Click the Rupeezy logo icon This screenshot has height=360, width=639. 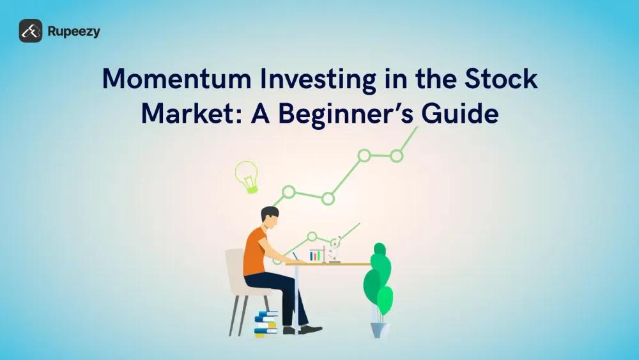31,31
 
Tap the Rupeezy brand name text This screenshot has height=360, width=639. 73,32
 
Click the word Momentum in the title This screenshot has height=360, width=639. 176,79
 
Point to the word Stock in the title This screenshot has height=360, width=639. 501,79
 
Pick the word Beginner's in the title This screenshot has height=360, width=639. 346,114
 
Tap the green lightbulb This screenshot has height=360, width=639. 247,176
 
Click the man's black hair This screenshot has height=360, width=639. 269,214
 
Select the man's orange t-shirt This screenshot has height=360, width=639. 254,251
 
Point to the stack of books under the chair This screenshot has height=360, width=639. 266,324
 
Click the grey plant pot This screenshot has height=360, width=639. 380,330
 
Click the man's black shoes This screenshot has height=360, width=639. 302,329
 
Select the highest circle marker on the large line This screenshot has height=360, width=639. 397,156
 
